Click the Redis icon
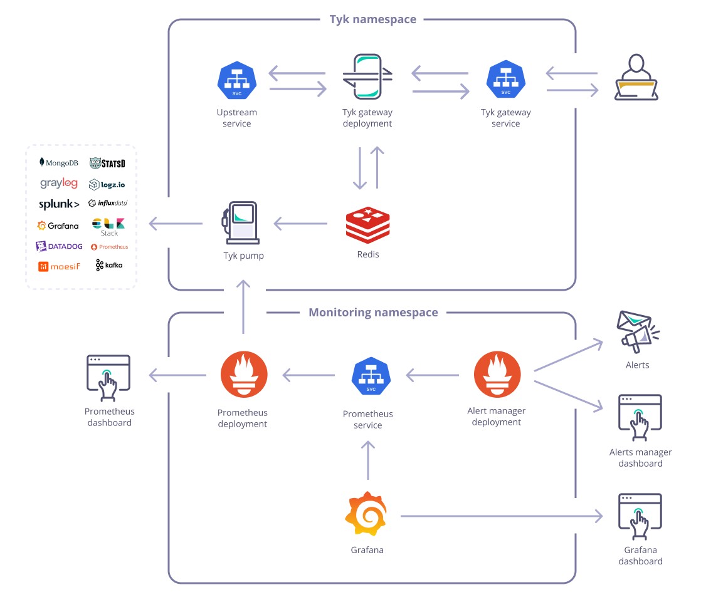tap(367, 226)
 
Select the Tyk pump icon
tap(240, 223)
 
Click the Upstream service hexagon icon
tap(237, 81)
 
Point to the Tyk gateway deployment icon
tap(367, 76)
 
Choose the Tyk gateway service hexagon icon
tap(505, 81)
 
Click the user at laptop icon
tap(636, 78)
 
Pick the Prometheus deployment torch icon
tap(243, 375)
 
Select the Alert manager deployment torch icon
tap(497, 375)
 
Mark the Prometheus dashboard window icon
tap(108, 378)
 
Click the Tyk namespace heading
tap(372, 19)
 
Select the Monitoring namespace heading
tap(373, 313)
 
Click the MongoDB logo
tap(59, 162)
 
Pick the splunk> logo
tap(59, 204)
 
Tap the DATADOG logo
tap(59, 246)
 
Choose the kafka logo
tap(109, 265)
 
